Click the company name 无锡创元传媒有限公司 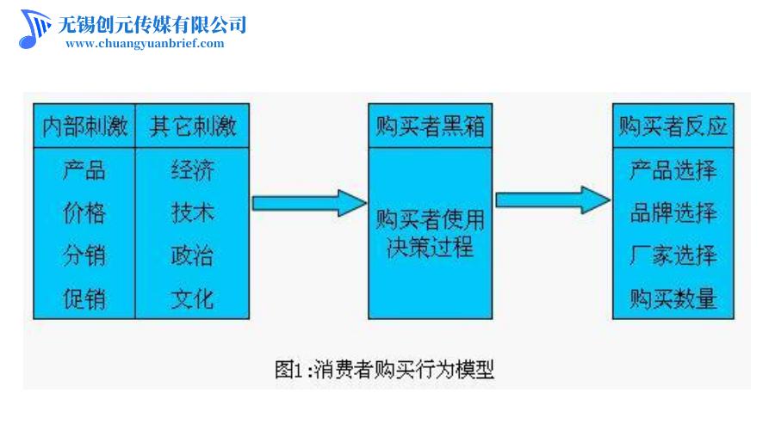(x=152, y=23)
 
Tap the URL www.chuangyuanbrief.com (x=145, y=44)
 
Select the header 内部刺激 (x=84, y=127)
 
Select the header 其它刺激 (x=192, y=127)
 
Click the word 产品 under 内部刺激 (x=84, y=169)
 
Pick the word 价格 (x=84, y=212)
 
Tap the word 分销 (x=84, y=255)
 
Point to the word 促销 (x=84, y=298)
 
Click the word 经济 (x=192, y=169)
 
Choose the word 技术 (x=192, y=212)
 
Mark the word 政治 (x=192, y=255)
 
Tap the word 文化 (x=192, y=298)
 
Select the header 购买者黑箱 (x=430, y=127)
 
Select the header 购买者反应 (x=673, y=127)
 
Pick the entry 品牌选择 (x=673, y=212)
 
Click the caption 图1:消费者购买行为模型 (x=384, y=370)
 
